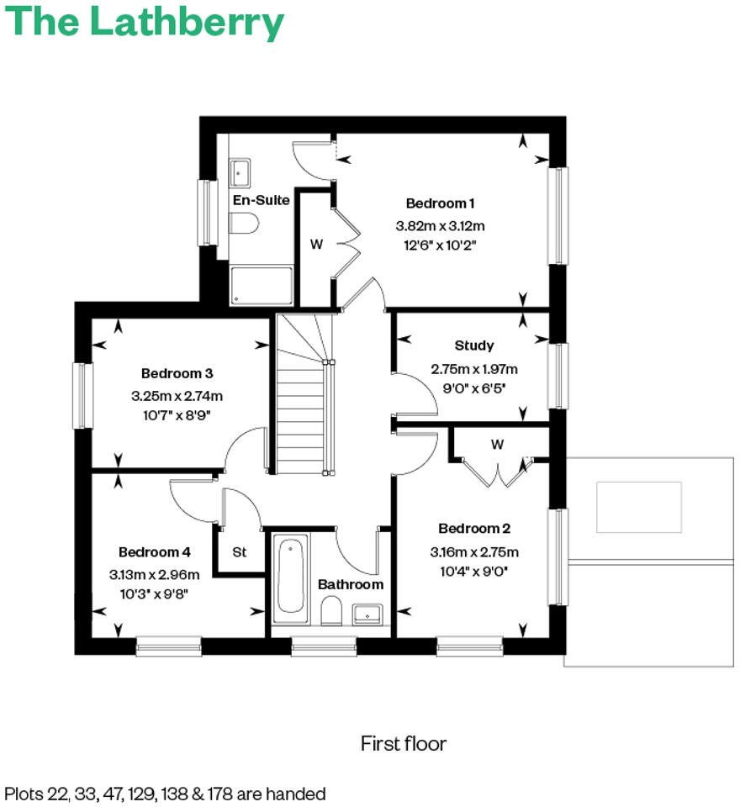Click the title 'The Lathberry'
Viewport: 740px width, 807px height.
point(145,23)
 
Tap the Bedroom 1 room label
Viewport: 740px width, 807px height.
point(440,203)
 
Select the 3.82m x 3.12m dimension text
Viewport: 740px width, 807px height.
point(441,225)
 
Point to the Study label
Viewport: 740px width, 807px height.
point(474,345)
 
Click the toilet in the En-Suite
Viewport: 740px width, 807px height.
point(243,224)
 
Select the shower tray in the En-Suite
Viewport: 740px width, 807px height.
point(261,286)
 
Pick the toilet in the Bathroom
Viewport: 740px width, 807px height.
point(332,611)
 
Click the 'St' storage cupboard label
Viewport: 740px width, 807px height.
point(240,552)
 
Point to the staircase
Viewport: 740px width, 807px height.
point(300,395)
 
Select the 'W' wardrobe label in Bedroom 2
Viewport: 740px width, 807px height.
point(497,445)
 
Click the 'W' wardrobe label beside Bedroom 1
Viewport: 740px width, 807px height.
point(316,245)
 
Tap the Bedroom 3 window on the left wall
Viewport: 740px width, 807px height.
point(82,394)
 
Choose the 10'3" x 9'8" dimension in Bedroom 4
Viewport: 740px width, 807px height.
point(154,593)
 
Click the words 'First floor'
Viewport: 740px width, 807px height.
point(404,743)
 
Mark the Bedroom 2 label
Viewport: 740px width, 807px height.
point(474,529)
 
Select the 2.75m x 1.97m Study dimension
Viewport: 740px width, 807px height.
point(474,369)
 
